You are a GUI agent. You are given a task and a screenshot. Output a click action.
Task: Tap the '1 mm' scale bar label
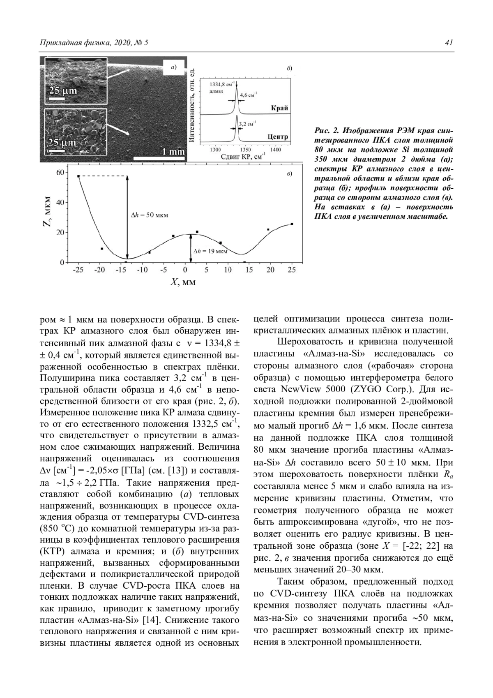pos(173,152)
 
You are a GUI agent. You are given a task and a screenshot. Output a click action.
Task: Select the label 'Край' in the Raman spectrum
pos(279,109)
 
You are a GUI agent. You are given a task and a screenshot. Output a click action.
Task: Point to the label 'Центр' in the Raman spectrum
pos(278,137)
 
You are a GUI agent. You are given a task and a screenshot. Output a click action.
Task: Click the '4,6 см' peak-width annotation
pos(248,95)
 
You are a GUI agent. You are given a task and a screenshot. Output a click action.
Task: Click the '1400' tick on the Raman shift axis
pos(276,150)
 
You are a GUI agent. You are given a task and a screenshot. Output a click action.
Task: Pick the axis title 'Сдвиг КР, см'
pos(243,157)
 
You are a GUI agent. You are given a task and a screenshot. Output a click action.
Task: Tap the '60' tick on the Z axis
pos(60,172)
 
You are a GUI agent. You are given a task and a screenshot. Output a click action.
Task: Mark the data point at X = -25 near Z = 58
pos(78,176)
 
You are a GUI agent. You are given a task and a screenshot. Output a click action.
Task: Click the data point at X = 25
pos(292,224)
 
